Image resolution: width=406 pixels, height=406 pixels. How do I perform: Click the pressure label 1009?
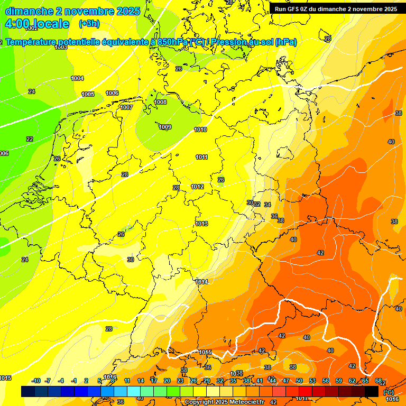pyautogui.click(x=165, y=127)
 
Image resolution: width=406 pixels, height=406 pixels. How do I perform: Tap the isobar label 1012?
pyautogui.click(x=197, y=187)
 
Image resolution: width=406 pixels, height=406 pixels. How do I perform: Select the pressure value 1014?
pyautogui.click(x=201, y=282)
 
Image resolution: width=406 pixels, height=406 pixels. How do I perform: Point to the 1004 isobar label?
pyautogui.click(x=77, y=78)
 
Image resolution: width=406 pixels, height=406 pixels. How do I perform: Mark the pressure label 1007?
pyautogui.click(x=126, y=107)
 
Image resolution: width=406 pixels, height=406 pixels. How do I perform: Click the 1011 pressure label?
pyautogui.click(x=201, y=157)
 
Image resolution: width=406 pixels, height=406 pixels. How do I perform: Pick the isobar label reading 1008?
pyautogui.click(x=160, y=102)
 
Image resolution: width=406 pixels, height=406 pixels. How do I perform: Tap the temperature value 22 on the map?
pyautogui.click(x=30, y=139)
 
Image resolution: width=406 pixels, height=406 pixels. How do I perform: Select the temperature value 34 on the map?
pyautogui.click(x=267, y=205)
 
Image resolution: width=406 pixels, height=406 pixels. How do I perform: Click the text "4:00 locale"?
pyautogui.click(x=37, y=24)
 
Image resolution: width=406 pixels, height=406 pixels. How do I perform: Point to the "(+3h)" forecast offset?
pyautogui.click(x=89, y=24)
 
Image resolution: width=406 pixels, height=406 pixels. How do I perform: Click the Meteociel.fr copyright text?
pyautogui.click(x=222, y=402)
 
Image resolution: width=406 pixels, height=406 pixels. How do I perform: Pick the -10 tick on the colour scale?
pyautogui.click(x=36, y=381)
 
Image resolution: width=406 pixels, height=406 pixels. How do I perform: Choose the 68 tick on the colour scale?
pyautogui.click(x=379, y=381)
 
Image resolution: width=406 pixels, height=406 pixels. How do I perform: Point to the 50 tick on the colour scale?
pyautogui.click(x=299, y=381)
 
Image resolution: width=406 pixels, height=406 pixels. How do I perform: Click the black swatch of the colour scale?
pyautogui.click(x=372, y=391)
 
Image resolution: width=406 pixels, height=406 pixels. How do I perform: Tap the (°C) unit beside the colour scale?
pyautogui.click(x=388, y=392)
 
